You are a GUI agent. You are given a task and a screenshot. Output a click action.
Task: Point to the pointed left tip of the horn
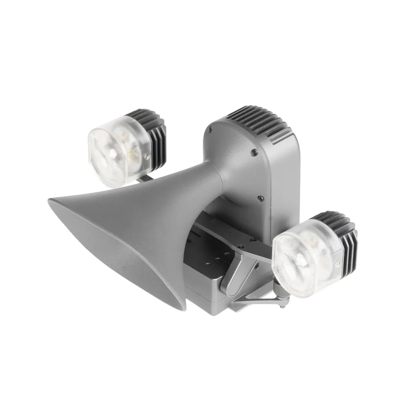tap(50, 201)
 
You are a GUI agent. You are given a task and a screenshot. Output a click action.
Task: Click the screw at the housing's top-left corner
tap(210, 128)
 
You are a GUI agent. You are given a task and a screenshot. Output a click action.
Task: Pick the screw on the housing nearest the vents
tap(254, 152)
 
